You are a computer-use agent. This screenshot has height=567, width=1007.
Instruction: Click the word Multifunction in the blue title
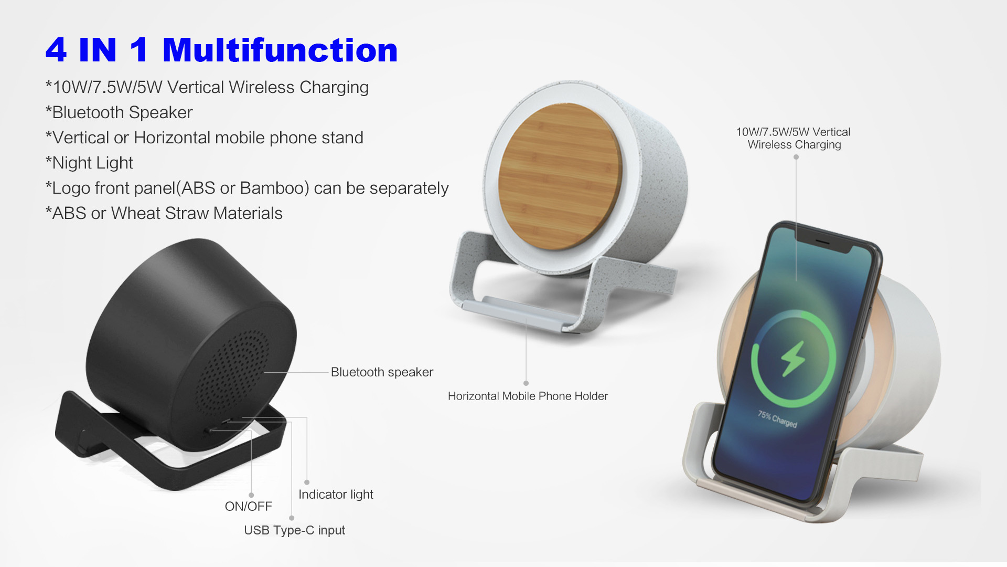click(280, 50)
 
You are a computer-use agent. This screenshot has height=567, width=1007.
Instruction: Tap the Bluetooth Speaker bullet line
click(119, 112)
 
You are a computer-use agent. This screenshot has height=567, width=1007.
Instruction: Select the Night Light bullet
click(89, 163)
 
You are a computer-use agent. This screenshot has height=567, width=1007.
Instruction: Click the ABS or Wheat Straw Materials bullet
click(164, 213)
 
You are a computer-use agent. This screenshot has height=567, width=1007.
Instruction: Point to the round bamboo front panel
click(560, 176)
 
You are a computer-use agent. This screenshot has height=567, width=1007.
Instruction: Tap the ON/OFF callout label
click(249, 506)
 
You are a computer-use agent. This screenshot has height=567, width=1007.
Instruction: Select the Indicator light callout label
click(336, 494)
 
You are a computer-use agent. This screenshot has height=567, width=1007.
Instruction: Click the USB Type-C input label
click(294, 530)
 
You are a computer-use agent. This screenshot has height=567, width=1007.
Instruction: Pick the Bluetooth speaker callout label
click(382, 372)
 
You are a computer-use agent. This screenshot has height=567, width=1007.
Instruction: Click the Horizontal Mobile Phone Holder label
click(528, 396)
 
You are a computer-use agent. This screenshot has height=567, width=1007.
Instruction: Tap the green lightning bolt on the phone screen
click(792, 359)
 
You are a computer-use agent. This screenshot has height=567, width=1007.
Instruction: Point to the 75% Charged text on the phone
click(777, 419)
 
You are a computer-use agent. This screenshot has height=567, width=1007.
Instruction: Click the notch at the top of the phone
click(823, 243)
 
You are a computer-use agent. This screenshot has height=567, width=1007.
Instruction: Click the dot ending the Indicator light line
click(307, 482)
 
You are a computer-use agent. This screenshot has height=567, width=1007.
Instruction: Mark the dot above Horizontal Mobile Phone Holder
click(526, 383)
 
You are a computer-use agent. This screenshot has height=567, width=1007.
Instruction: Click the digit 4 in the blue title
click(56, 50)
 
